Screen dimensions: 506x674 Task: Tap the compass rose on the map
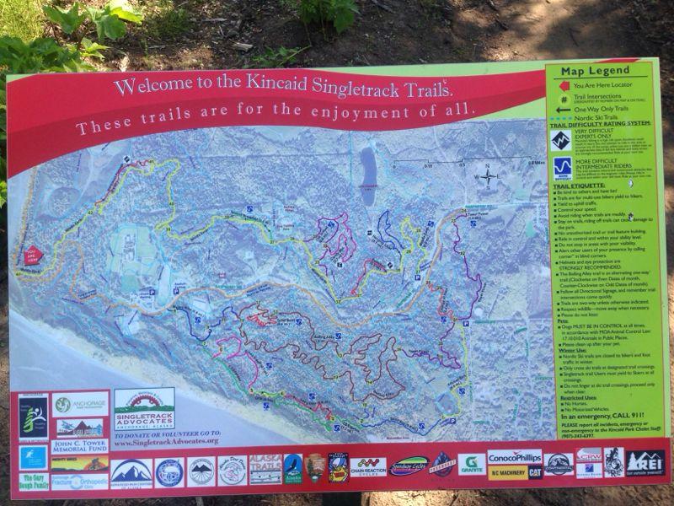486,175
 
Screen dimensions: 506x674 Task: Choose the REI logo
644,461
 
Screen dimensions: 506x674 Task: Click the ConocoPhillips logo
515,457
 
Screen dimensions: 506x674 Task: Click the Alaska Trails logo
263,470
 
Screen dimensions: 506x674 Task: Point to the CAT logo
534,471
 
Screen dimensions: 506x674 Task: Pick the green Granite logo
471,464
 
